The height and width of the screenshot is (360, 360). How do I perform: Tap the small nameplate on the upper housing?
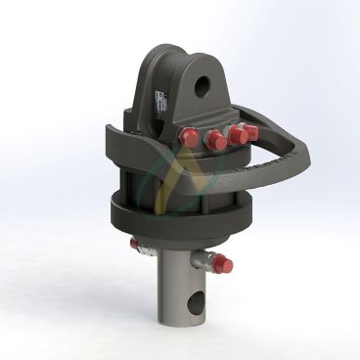[x=158, y=103]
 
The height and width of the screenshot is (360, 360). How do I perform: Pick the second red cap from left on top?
[x=216, y=142]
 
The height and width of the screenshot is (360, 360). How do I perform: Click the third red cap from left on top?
[x=238, y=136]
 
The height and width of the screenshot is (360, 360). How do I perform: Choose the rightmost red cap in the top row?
[x=251, y=131]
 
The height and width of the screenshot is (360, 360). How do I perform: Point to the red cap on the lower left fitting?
[x=134, y=243]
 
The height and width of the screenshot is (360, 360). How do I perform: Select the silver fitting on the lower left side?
[x=141, y=245]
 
